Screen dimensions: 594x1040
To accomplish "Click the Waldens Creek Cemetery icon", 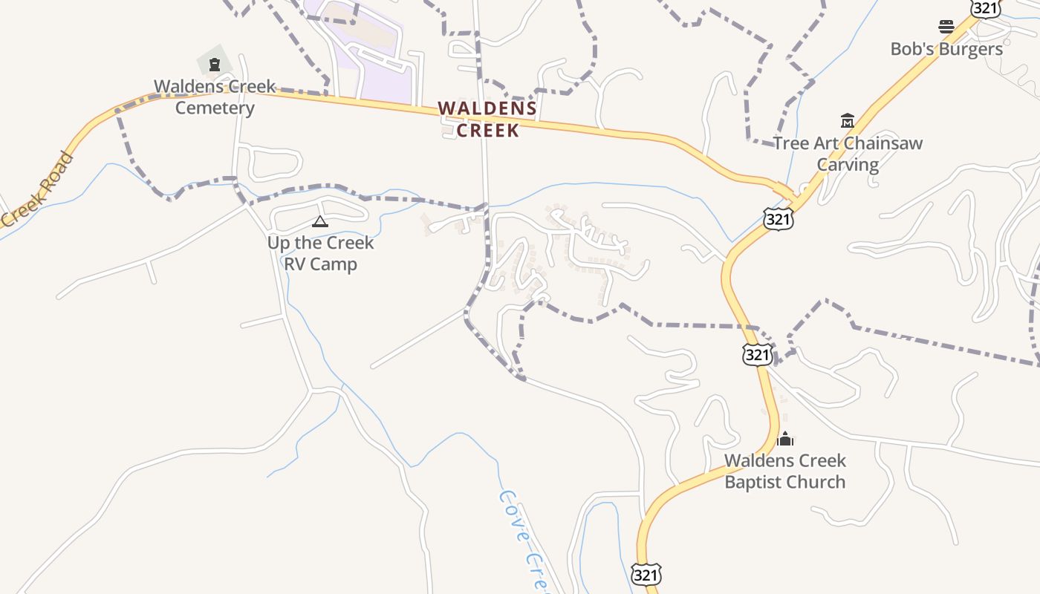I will tap(215, 65).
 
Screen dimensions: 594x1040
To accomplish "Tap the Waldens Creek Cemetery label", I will tap(215, 97).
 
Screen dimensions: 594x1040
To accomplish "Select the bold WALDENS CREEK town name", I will tap(487, 119).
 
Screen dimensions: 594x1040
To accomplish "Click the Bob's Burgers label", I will tap(946, 49).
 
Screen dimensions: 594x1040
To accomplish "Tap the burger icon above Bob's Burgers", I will tap(946, 27).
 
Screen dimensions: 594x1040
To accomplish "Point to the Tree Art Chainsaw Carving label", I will tap(848, 154).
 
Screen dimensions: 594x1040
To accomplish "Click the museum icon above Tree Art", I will tap(848, 120).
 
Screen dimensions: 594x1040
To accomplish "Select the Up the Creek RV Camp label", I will tap(320, 253).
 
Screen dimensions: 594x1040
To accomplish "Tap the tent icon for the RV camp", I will tap(320, 221).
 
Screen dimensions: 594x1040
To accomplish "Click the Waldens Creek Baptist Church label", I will tap(785, 471).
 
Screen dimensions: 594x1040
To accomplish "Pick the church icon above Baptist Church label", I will tap(785, 439).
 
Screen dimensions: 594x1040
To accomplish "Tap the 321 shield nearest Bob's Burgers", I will tap(986, 7).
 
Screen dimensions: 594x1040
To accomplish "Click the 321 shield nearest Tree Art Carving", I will tap(778, 218).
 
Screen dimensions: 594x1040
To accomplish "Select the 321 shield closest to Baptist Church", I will tap(757, 354).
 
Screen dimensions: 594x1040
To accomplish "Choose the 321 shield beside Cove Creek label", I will tap(646, 575).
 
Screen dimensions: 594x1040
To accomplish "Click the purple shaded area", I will tap(371, 45).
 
